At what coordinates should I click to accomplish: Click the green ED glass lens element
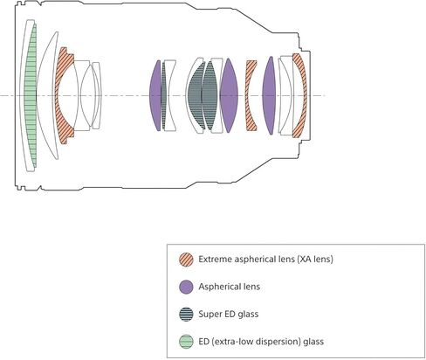[31, 96]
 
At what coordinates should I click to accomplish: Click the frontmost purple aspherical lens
[155, 95]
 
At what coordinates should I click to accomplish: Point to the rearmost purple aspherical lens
[269, 95]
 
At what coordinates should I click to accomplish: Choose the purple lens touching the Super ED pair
[229, 95]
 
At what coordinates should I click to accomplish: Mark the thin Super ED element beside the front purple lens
[164, 95]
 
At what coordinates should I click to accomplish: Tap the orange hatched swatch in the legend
[186, 260]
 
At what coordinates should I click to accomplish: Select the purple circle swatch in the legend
[186, 287]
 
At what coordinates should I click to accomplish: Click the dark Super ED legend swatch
[186, 315]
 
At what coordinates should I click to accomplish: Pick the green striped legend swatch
[186, 342]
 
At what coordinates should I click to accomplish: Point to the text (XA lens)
[315, 259]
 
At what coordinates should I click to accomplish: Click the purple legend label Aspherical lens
[230, 287]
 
